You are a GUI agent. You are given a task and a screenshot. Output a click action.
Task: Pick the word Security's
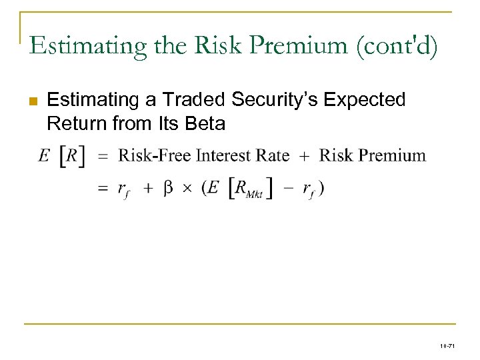[x=279, y=100]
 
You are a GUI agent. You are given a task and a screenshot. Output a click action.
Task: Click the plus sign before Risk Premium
[x=304, y=156]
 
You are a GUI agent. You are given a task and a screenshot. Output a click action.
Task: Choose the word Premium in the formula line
[x=391, y=156]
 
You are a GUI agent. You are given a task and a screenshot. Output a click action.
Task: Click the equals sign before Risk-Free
[x=103, y=156]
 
